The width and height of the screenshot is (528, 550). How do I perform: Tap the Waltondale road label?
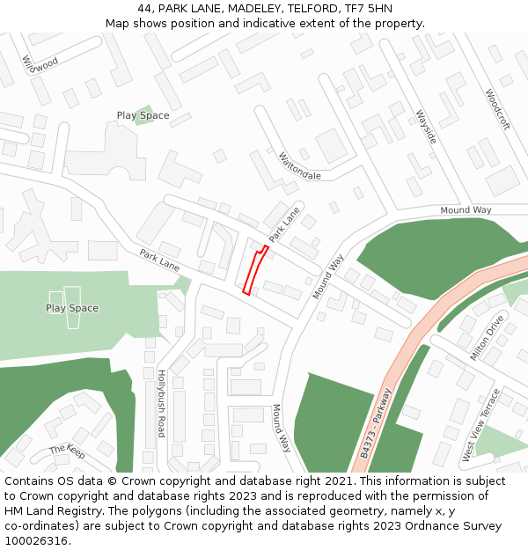pos(299,166)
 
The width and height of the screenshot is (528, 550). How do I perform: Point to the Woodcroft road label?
pos(497,109)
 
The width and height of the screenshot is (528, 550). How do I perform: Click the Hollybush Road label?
pos(161,403)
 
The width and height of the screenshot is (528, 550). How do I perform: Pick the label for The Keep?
pos(67,451)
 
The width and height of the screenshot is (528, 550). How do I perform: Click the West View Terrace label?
pos(480,425)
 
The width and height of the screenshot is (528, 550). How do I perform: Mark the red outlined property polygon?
pos(254,270)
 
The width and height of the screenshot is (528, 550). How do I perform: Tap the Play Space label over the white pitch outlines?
pos(72,308)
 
